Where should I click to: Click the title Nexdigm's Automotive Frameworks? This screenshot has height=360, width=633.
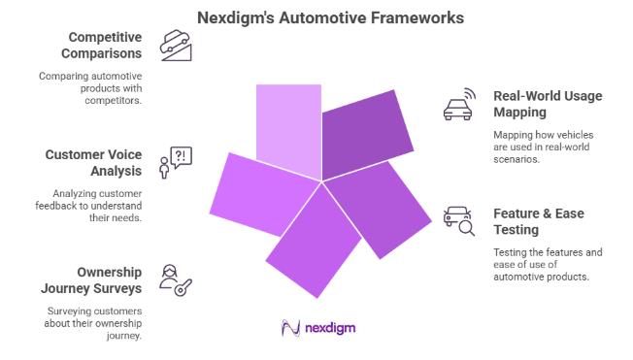316,17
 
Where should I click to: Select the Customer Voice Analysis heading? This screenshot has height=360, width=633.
94,161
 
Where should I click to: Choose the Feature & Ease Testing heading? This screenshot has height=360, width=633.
537,220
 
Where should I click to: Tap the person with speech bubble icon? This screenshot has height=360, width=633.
175,163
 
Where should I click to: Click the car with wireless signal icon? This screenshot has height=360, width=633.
458,105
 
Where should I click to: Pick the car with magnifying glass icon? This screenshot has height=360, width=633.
457,221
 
